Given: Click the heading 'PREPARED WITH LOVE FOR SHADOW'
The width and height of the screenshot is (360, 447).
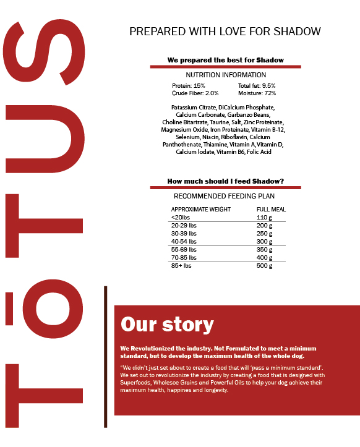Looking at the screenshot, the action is (x=225, y=32).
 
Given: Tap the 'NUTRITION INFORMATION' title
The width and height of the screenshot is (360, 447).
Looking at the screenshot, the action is (x=226, y=75).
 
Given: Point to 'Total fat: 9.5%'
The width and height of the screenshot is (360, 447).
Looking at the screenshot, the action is (x=257, y=86).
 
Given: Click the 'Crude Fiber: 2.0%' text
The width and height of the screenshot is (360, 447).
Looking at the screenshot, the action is (x=195, y=93).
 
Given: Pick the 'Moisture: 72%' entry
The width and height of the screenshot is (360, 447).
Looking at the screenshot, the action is (x=257, y=93).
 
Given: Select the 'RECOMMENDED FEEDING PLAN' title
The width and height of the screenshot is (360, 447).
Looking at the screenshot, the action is (x=226, y=196).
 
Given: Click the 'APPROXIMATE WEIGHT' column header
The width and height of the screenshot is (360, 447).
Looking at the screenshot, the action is (x=201, y=209).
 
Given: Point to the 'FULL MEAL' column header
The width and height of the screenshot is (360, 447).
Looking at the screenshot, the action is (x=271, y=209).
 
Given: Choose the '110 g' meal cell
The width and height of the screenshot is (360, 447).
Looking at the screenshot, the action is (x=264, y=218).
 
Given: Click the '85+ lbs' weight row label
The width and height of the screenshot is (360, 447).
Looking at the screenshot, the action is (x=182, y=266).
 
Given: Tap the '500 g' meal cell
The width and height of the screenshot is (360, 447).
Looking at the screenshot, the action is (x=264, y=266).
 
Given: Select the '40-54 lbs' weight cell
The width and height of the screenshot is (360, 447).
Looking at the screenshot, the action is (x=184, y=242).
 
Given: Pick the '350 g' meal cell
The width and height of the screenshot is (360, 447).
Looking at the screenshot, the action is (x=264, y=250).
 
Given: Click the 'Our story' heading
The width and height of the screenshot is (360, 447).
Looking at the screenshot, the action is (x=167, y=325).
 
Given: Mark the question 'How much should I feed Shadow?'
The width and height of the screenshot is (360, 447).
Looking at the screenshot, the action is (x=226, y=181).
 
